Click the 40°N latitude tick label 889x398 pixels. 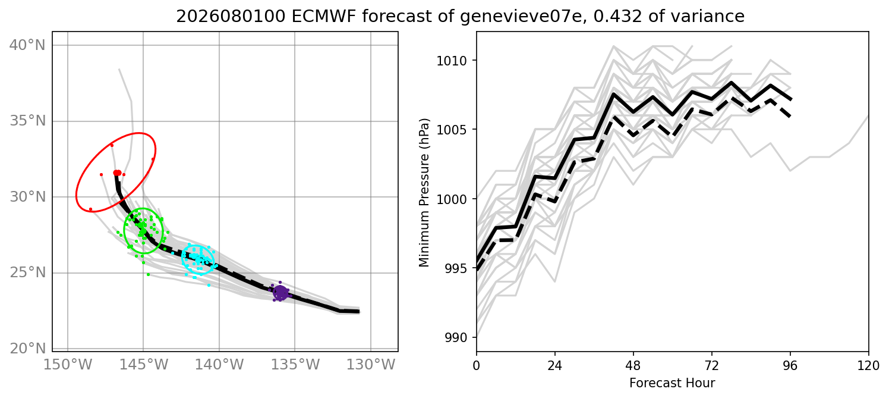27,45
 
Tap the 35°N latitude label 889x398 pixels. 27,121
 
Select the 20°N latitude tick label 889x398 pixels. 27,349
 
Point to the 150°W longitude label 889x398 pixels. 68,365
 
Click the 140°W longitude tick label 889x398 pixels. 219,365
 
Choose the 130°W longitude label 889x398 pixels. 371,365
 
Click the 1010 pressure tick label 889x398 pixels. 452,61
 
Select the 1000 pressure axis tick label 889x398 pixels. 452,199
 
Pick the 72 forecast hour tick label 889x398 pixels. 712,365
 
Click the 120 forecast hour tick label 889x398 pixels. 869,365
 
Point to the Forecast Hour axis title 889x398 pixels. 672,383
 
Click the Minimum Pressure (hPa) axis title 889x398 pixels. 424,193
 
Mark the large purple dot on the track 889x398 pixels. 280,293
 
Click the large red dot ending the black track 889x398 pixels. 117,173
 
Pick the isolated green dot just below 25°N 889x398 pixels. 149,274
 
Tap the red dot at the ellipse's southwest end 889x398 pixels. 90,209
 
